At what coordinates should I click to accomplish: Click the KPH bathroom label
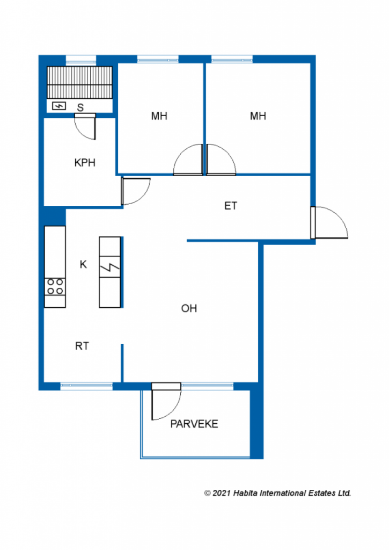click(85, 163)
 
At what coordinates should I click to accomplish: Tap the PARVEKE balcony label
click(194, 424)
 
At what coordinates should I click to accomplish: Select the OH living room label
click(189, 308)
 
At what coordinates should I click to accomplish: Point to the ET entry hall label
click(231, 206)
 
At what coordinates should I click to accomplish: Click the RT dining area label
click(82, 346)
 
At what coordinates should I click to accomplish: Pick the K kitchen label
click(83, 264)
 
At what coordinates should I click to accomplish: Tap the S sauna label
click(80, 107)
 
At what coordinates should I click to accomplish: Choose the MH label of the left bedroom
click(159, 116)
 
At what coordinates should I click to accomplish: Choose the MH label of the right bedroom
click(258, 116)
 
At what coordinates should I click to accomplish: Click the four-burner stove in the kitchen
click(55, 287)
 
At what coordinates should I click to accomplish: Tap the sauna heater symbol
click(59, 106)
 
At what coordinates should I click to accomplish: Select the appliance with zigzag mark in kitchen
click(110, 267)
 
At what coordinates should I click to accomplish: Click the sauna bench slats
click(79, 82)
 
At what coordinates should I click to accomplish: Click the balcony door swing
click(166, 401)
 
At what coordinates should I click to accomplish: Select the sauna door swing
click(85, 126)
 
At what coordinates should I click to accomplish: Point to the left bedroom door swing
click(188, 160)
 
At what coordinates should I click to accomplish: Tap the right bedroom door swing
click(221, 160)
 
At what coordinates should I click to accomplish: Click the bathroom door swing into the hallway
click(136, 192)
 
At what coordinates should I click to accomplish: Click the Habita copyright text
click(277, 493)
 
